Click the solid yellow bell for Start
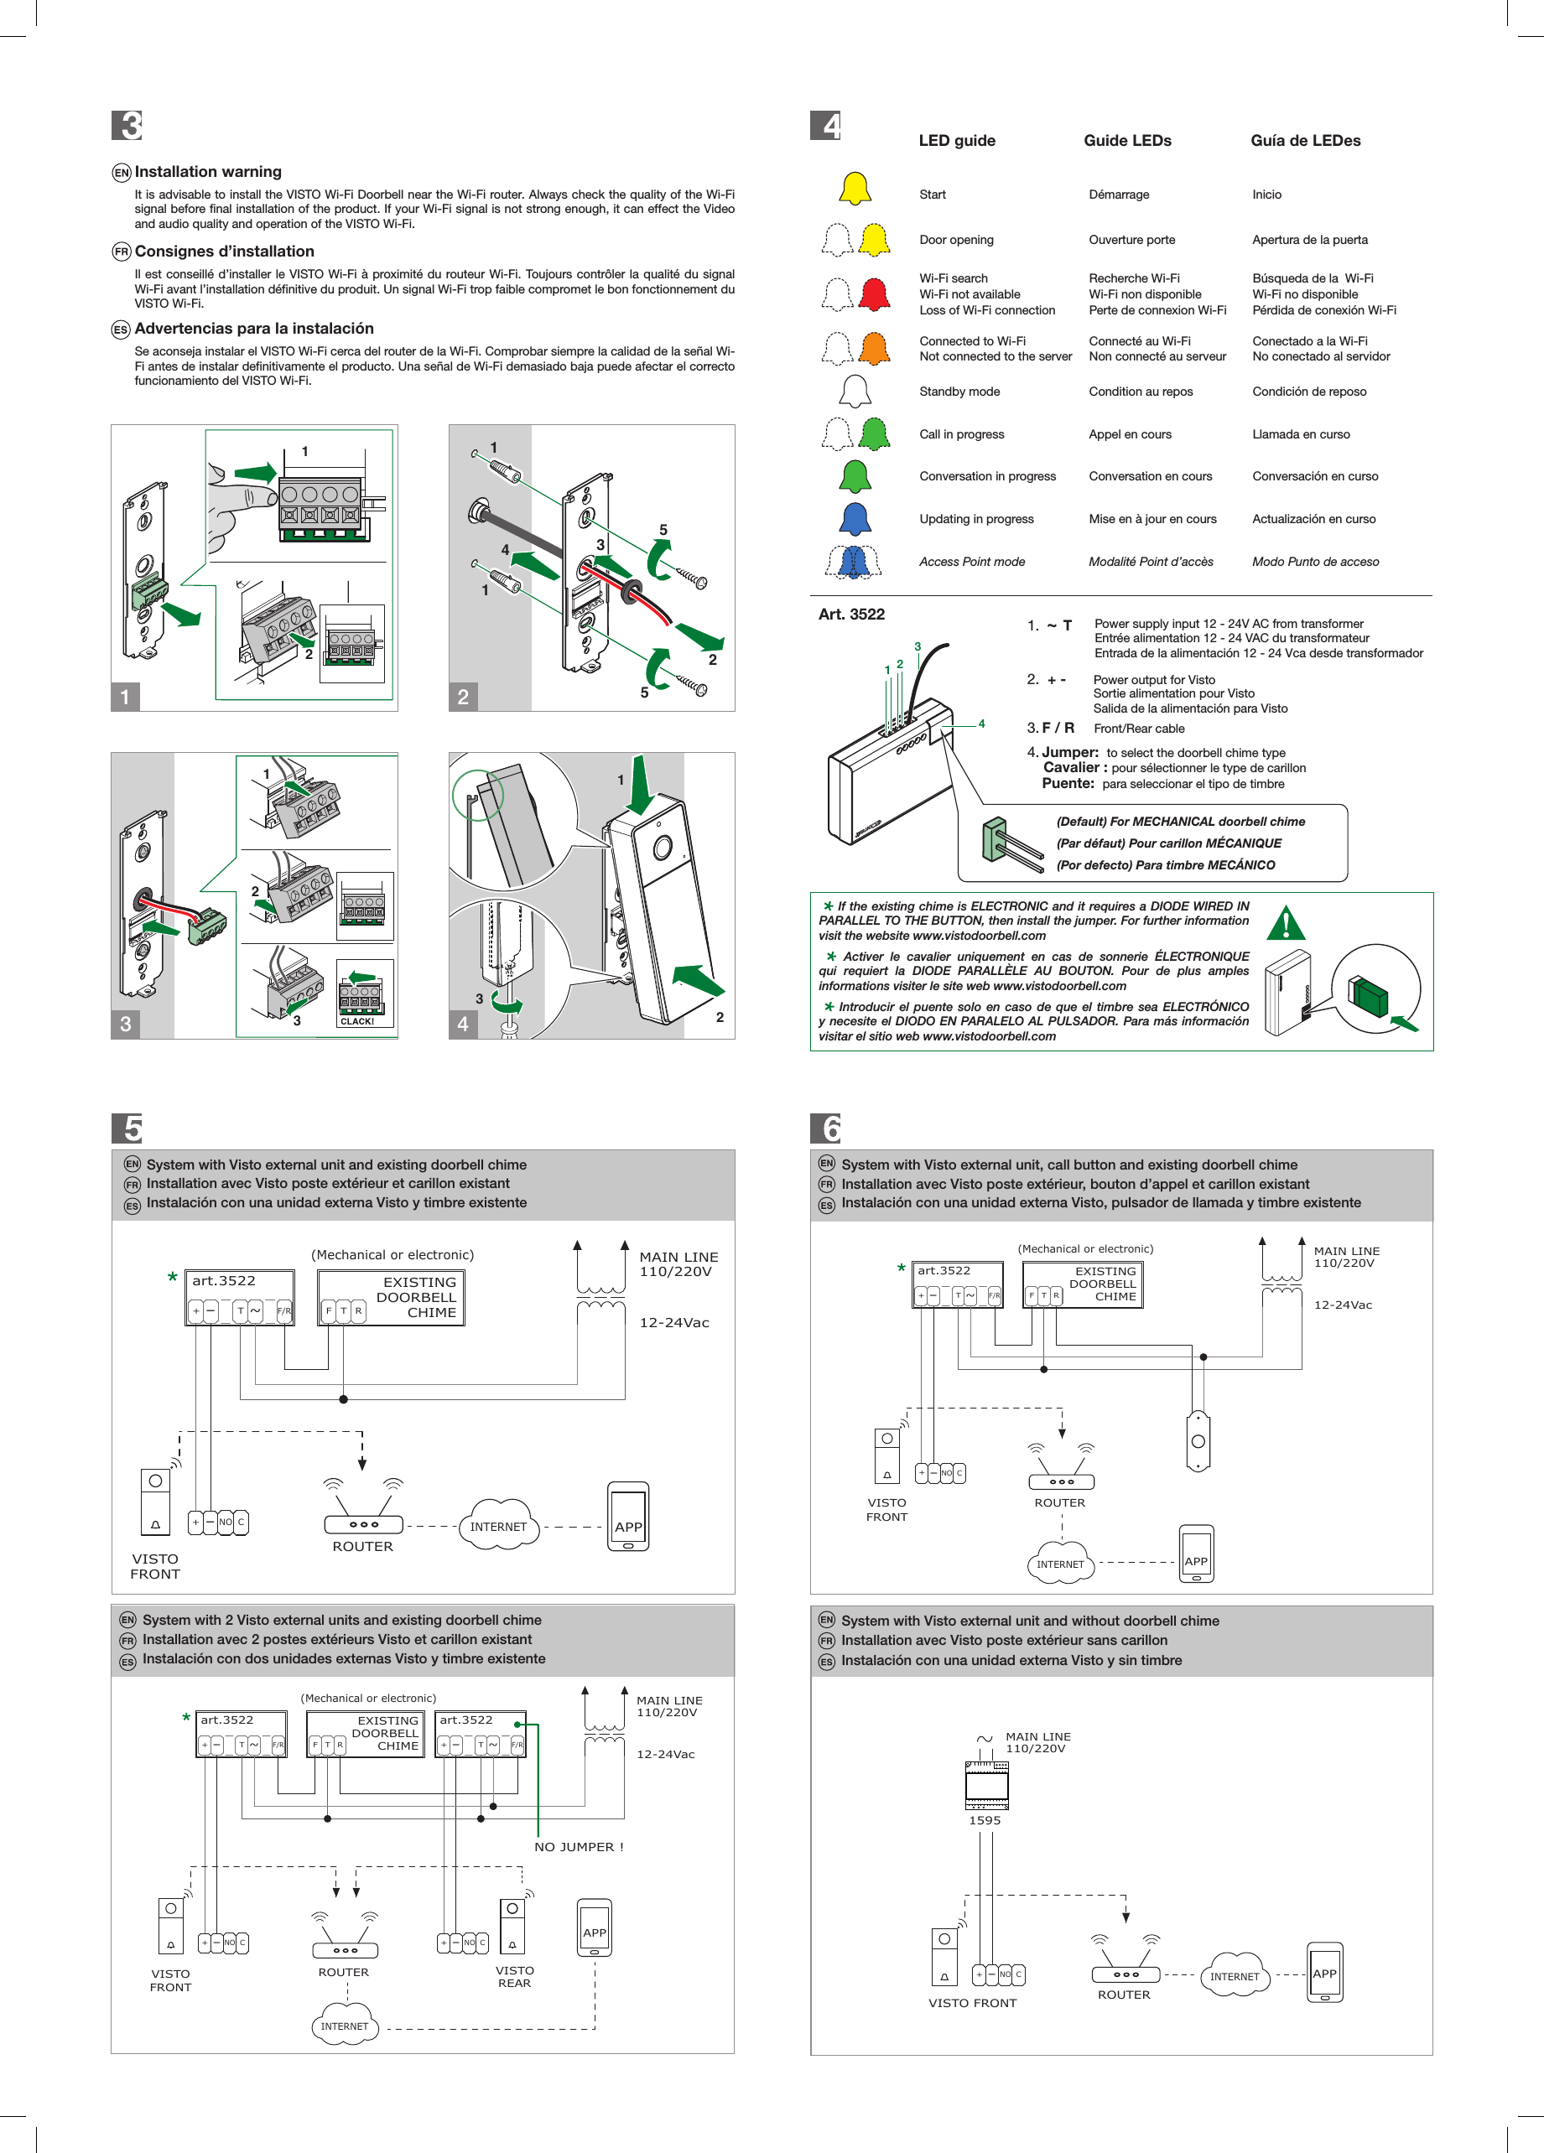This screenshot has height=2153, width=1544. click(x=855, y=189)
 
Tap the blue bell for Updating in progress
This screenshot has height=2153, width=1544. click(x=855, y=518)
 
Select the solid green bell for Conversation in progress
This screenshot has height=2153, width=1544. click(x=855, y=475)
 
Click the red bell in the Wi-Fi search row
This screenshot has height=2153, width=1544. click(x=874, y=294)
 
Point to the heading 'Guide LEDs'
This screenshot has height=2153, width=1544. click(x=1127, y=141)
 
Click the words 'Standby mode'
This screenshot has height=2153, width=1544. click(x=959, y=391)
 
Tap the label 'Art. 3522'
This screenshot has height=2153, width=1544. click(x=850, y=615)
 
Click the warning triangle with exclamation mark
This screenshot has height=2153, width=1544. click(x=1286, y=923)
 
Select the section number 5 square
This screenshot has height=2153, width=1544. click(x=127, y=1128)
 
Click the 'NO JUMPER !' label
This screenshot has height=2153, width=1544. click(x=579, y=1846)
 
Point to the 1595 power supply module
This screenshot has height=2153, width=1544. click(x=986, y=1785)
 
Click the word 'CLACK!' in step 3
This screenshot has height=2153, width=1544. click(x=357, y=1021)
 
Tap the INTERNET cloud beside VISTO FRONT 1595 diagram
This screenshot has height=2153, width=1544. click(x=1235, y=1975)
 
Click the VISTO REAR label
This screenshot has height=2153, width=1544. click(x=514, y=1976)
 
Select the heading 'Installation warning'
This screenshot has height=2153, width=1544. click(x=208, y=172)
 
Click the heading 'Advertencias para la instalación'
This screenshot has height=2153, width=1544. click(x=253, y=329)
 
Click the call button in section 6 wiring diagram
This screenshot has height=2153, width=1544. click(x=1198, y=1441)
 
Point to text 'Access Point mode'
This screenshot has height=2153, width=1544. click(x=971, y=561)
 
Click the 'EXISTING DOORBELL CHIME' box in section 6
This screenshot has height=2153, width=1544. click(x=1083, y=1284)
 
